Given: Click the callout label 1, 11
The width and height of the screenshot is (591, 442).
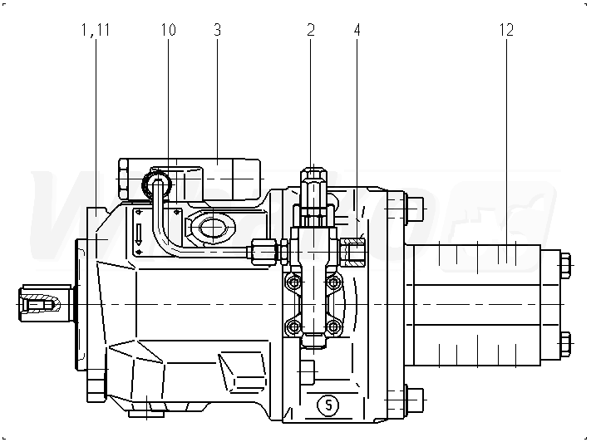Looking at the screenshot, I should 96,30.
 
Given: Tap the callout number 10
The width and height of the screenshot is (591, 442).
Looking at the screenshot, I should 168,30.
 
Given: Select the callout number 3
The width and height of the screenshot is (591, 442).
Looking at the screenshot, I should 217,30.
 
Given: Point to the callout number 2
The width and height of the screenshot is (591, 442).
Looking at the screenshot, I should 311,30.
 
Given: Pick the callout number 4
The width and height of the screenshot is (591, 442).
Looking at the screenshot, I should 357,30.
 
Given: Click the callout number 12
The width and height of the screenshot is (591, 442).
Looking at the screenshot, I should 506,30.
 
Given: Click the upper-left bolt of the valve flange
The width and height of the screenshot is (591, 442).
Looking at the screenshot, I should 292,284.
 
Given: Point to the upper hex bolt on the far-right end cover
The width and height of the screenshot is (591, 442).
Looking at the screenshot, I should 565,267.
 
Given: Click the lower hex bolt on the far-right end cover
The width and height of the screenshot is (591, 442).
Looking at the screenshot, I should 565,341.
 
